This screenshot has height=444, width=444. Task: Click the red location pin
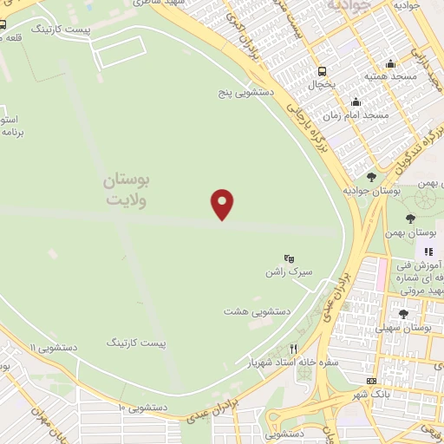click(223, 203)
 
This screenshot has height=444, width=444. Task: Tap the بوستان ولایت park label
click(127, 190)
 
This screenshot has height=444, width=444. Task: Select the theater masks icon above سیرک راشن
click(290, 258)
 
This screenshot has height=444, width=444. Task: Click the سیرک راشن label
click(289, 272)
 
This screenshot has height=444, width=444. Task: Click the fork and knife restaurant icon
click(293, 349)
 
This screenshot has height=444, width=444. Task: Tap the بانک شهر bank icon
click(372, 381)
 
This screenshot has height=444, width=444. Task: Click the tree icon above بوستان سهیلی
click(403, 314)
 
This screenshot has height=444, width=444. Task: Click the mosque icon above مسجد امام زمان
click(356, 101)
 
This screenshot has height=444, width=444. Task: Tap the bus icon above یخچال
click(323, 71)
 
